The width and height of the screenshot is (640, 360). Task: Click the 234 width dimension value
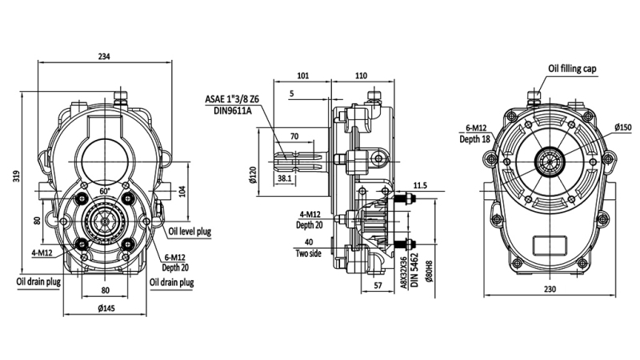tap(105, 56)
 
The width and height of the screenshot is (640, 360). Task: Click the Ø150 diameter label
tap(623, 126)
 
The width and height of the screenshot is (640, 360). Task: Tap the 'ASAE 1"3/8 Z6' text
tap(233, 98)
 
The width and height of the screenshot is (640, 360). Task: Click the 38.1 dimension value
tap(284, 180)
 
